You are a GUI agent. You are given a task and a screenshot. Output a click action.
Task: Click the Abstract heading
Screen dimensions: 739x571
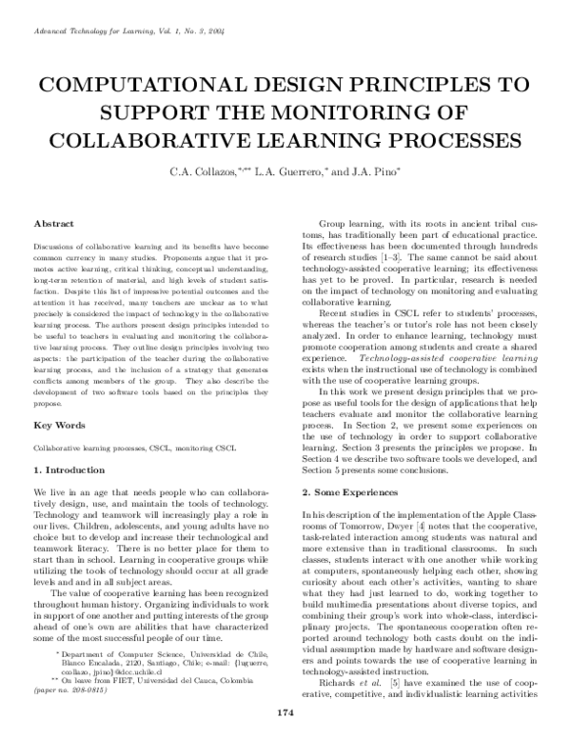(54, 223)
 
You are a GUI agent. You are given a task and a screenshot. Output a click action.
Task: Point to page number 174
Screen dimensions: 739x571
(284, 712)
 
